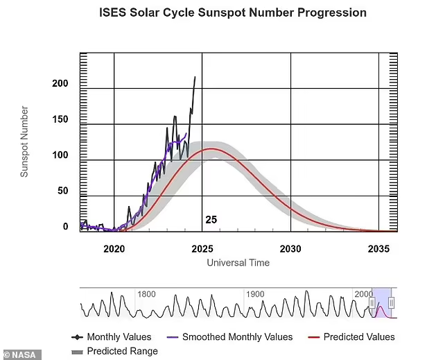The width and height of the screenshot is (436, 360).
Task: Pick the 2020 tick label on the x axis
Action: tap(114, 248)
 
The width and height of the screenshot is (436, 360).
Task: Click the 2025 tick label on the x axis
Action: tap(202, 248)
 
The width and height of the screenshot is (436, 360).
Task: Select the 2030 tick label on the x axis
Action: tap(290, 248)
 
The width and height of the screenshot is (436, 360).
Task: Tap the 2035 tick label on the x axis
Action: tap(378, 248)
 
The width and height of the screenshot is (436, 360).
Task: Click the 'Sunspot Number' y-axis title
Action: tap(24, 142)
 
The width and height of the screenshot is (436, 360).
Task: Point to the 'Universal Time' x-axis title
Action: tap(238, 263)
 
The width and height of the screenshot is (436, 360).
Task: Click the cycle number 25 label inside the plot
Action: tap(211, 220)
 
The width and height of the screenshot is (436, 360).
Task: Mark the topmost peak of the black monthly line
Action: tap(195, 77)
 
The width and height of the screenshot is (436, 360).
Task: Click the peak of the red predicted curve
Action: tap(211, 148)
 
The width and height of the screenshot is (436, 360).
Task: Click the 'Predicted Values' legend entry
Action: tap(351, 337)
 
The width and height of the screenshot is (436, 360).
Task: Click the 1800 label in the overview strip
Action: tap(146, 294)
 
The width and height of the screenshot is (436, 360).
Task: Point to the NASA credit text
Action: tap(21, 354)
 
